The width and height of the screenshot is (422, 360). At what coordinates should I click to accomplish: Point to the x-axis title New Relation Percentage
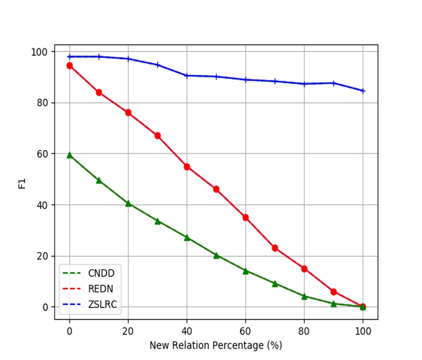(x=216, y=345)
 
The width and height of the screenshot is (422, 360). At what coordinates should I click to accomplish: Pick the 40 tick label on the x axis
(x=186, y=332)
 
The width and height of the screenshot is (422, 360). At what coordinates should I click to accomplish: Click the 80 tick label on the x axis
(x=304, y=332)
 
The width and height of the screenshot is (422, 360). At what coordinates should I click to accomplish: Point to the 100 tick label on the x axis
(x=363, y=332)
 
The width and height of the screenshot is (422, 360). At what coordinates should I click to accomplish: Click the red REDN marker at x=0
(x=70, y=65)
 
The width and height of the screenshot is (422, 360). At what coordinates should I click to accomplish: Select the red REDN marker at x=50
(x=216, y=189)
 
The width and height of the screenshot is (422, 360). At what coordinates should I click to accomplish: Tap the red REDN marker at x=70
(x=275, y=248)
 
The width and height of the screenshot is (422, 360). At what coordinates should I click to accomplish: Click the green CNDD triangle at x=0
(x=70, y=155)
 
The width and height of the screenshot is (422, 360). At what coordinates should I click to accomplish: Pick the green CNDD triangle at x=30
(x=157, y=221)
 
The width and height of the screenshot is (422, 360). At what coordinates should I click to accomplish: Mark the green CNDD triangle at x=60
(x=245, y=271)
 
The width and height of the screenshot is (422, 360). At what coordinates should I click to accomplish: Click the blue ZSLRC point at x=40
(x=186, y=76)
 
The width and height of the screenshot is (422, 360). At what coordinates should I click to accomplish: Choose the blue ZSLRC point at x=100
(x=363, y=91)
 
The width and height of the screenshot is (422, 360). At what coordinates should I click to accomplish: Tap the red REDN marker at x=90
(x=334, y=292)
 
